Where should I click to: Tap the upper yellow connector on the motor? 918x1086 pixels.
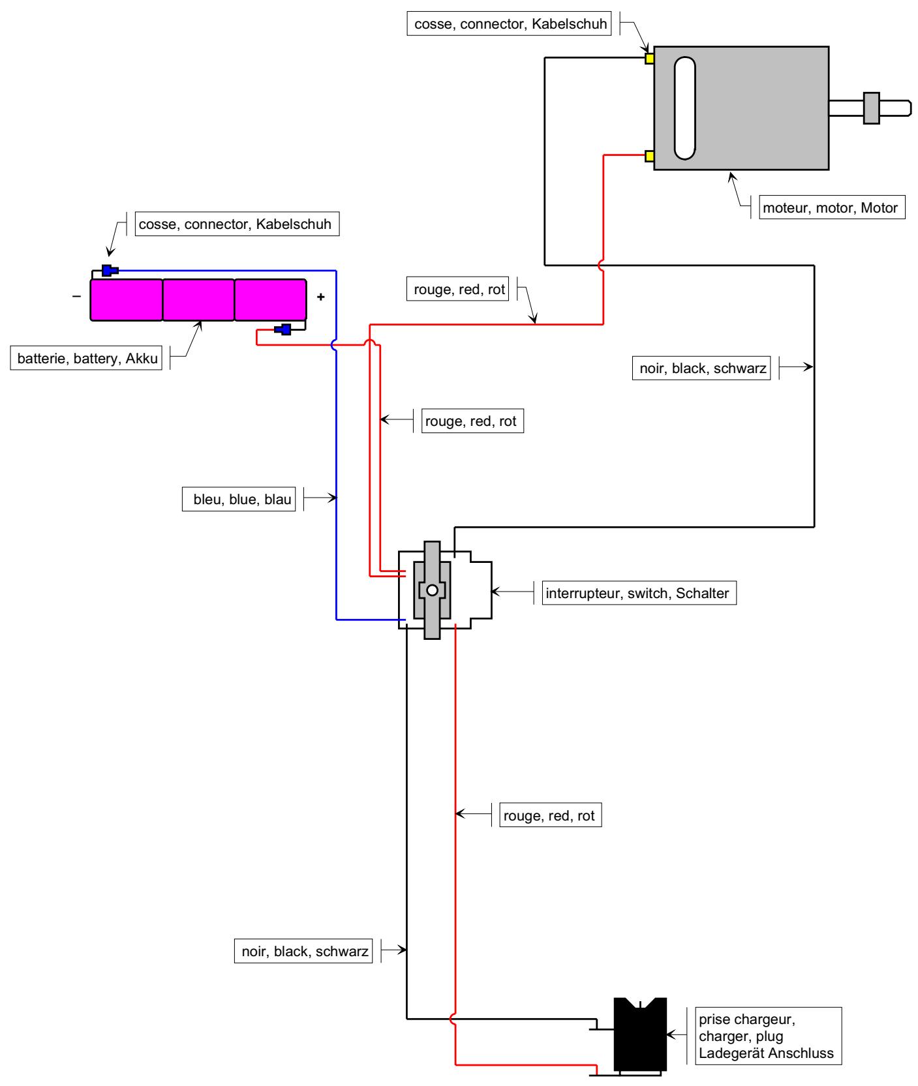tap(649, 59)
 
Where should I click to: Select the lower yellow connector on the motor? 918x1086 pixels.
tap(649, 156)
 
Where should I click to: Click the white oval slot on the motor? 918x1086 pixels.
tap(684, 108)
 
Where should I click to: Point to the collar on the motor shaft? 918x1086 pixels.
tap(872, 108)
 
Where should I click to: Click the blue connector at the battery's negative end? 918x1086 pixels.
tap(110, 270)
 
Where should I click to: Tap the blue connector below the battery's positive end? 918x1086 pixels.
tap(283, 329)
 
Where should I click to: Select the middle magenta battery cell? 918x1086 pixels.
tap(198, 300)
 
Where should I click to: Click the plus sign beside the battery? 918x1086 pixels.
tap(320, 297)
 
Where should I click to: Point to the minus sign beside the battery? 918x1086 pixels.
tap(77, 296)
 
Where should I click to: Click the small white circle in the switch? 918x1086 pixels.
tap(432, 591)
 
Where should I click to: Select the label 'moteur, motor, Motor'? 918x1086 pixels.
tap(832, 208)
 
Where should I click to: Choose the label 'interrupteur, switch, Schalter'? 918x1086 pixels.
tap(639, 594)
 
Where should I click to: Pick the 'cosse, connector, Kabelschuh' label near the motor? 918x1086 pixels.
tap(510, 25)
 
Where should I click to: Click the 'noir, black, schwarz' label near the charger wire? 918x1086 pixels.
tap(303, 951)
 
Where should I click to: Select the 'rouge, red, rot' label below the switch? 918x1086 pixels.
tap(551, 815)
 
